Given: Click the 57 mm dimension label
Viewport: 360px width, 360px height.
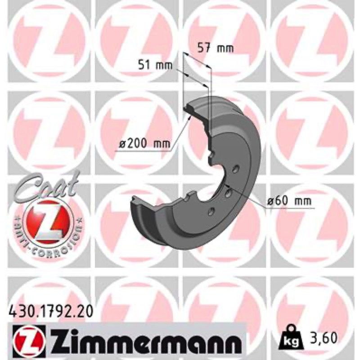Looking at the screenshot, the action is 216,49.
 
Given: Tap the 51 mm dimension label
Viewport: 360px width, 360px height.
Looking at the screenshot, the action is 155,65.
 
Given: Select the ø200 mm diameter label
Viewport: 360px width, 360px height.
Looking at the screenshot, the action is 144,144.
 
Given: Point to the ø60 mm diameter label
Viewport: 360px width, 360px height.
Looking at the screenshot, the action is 290,201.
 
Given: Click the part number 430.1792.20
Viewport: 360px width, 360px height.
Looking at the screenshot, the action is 51,312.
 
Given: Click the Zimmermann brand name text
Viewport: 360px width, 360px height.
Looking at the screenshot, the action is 144,339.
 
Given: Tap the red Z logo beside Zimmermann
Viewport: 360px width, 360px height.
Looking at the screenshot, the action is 27,340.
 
